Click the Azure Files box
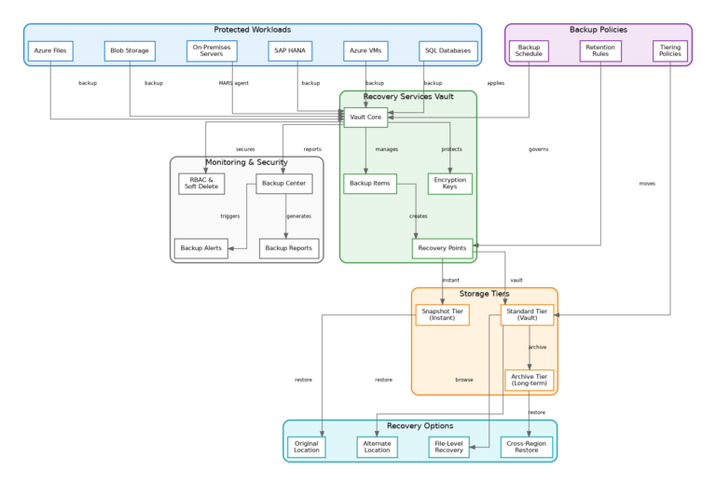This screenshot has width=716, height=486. point(50,50)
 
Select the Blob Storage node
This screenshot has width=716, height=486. point(129,50)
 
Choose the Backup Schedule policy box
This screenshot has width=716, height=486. point(529,50)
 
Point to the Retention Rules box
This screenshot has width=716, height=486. point(600,50)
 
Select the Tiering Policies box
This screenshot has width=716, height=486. point(669,50)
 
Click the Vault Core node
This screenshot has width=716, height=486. point(365,118)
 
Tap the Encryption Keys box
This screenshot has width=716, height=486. point(450,184)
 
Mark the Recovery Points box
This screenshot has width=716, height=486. point(442,249)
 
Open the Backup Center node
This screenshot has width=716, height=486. point(284,184)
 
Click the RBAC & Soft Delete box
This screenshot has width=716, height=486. point(201,184)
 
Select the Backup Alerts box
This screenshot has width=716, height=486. point(201,249)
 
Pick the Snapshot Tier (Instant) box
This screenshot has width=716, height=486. point(442,315)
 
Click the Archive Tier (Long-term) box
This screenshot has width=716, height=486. point(530,381)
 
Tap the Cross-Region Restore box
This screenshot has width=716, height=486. point(527,447)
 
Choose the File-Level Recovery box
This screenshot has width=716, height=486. point(448,447)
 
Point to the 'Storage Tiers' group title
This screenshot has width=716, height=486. point(484,294)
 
